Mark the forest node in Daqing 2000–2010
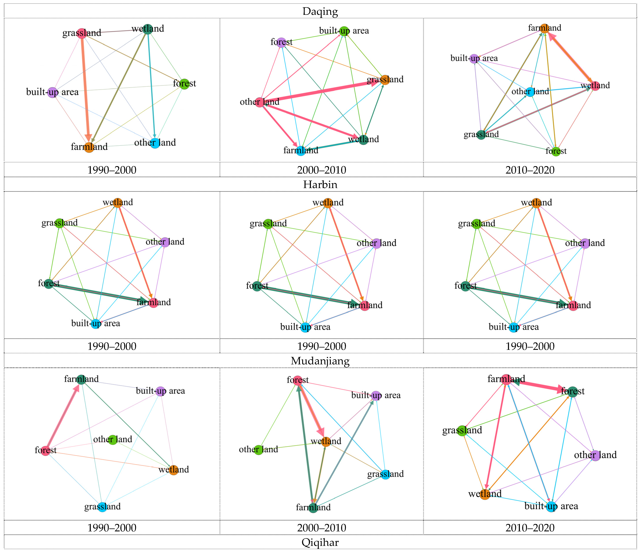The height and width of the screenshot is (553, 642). [x=281, y=42]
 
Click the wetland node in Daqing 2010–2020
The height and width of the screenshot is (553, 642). [x=595, y=86]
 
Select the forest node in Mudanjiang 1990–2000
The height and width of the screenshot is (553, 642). [x=46, y=450]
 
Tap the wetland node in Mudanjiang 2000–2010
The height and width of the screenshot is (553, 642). [x=326, y=441]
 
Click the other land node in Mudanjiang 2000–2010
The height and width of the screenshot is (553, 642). [x=258, y=449]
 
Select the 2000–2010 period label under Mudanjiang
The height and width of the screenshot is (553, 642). [x=322, y=528]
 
